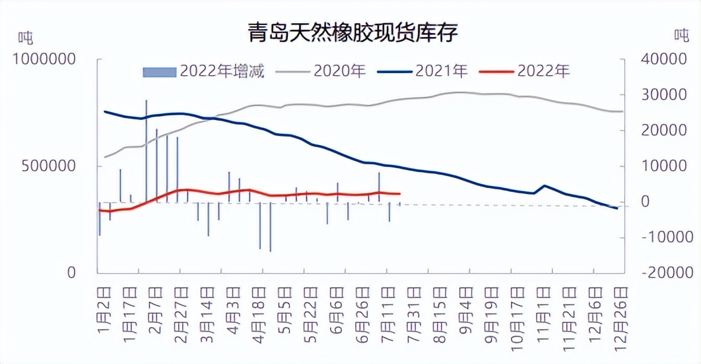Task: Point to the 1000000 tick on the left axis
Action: click(44, 59)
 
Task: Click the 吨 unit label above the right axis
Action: click(681, 34)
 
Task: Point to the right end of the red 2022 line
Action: click(399, 194)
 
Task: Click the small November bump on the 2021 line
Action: click(544, 186)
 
